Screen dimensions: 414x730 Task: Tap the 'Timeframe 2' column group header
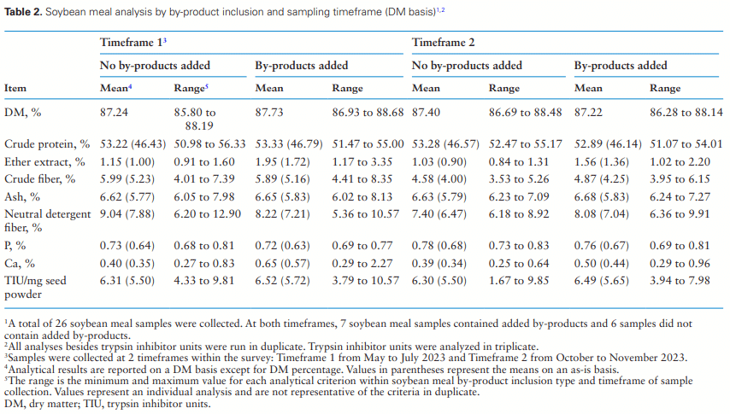(x=444, y=42)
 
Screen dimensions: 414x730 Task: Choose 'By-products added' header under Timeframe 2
(x=621, y=65)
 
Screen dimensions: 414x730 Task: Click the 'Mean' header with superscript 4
(x=115, y=88)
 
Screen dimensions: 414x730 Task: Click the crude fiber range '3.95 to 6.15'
(x=679, y=178)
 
